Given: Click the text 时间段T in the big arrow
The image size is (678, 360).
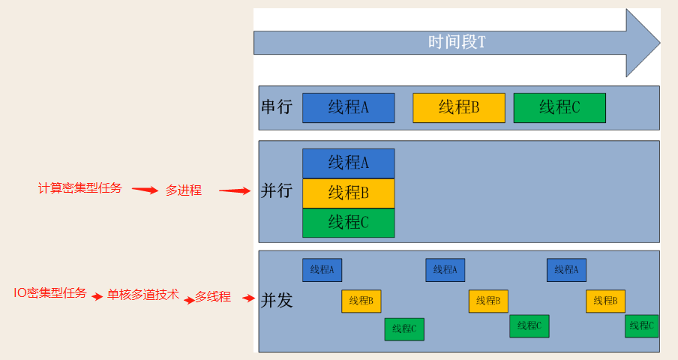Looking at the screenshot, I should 456,42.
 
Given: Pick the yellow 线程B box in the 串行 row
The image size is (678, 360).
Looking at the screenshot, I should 458,107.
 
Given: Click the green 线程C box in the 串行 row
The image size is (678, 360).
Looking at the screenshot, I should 559,107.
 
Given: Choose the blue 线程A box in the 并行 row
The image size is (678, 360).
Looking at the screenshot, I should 348,163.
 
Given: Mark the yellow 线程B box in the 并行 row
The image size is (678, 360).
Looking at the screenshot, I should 348,193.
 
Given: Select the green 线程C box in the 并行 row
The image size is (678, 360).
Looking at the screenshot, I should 348,223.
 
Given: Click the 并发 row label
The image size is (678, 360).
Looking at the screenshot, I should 276,301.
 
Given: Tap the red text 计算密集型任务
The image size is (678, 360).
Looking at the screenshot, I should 79,188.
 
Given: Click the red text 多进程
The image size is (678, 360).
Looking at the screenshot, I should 184,190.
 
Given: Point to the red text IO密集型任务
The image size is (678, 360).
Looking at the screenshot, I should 50,292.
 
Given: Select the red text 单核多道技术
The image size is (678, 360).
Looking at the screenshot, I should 142,295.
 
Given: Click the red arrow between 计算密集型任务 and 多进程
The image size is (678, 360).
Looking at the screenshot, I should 145,190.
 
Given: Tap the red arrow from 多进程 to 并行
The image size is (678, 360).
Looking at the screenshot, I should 234,191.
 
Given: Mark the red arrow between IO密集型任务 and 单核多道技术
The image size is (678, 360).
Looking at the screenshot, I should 97,297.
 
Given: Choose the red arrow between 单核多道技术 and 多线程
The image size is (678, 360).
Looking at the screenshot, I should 189,299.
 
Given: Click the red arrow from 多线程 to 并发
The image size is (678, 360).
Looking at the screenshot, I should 249,298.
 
